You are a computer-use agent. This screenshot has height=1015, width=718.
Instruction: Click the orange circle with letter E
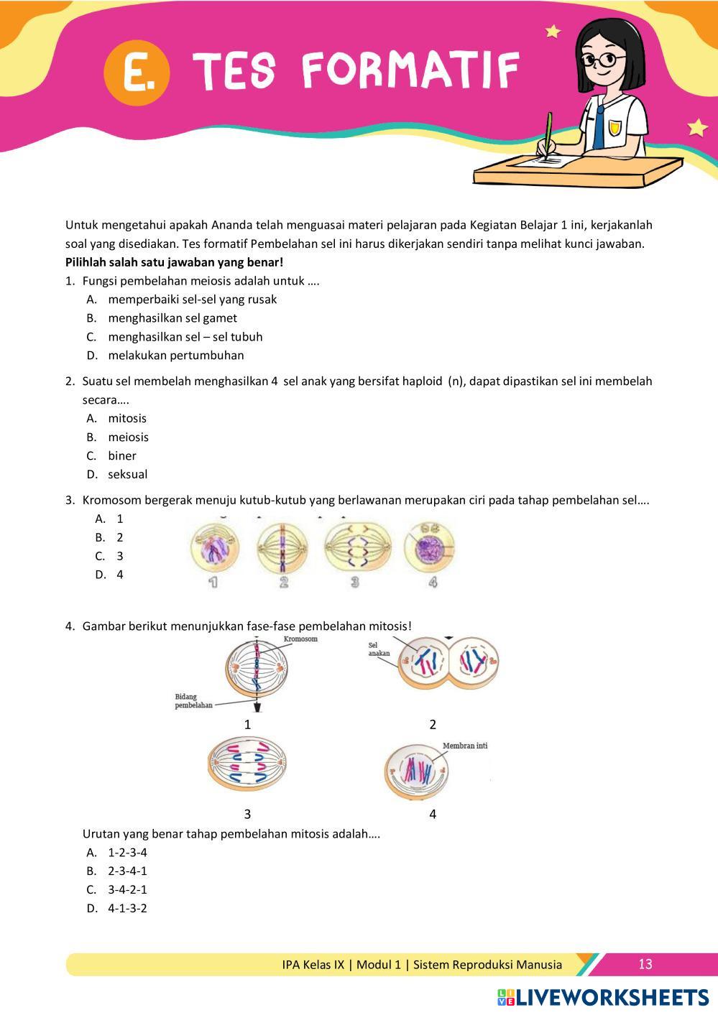coord(137,75)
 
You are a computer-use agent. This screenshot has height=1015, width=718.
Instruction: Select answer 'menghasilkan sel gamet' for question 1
coord(172,318)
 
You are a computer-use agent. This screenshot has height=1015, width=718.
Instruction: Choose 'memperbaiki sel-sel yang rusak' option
coord(192,300)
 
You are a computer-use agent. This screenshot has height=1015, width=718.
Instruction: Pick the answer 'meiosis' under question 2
coord(128,437)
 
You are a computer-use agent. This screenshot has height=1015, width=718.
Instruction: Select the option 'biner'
coord(121,456)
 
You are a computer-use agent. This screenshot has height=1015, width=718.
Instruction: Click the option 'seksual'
coord(127,475)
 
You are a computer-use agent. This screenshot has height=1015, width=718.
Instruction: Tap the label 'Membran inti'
coord(465,746)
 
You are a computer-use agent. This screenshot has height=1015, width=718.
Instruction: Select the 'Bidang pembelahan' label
coord(193,701)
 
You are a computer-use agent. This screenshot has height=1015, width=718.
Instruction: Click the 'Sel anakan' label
coord(379,649)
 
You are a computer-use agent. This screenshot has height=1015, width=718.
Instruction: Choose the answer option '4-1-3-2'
coord(127,909)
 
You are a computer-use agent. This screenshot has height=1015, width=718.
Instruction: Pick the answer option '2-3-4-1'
coord(127,871)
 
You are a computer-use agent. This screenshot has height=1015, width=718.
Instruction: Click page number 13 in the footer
coord(645,964)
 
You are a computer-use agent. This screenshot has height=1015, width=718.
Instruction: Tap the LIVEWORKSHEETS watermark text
coord(611,997)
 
